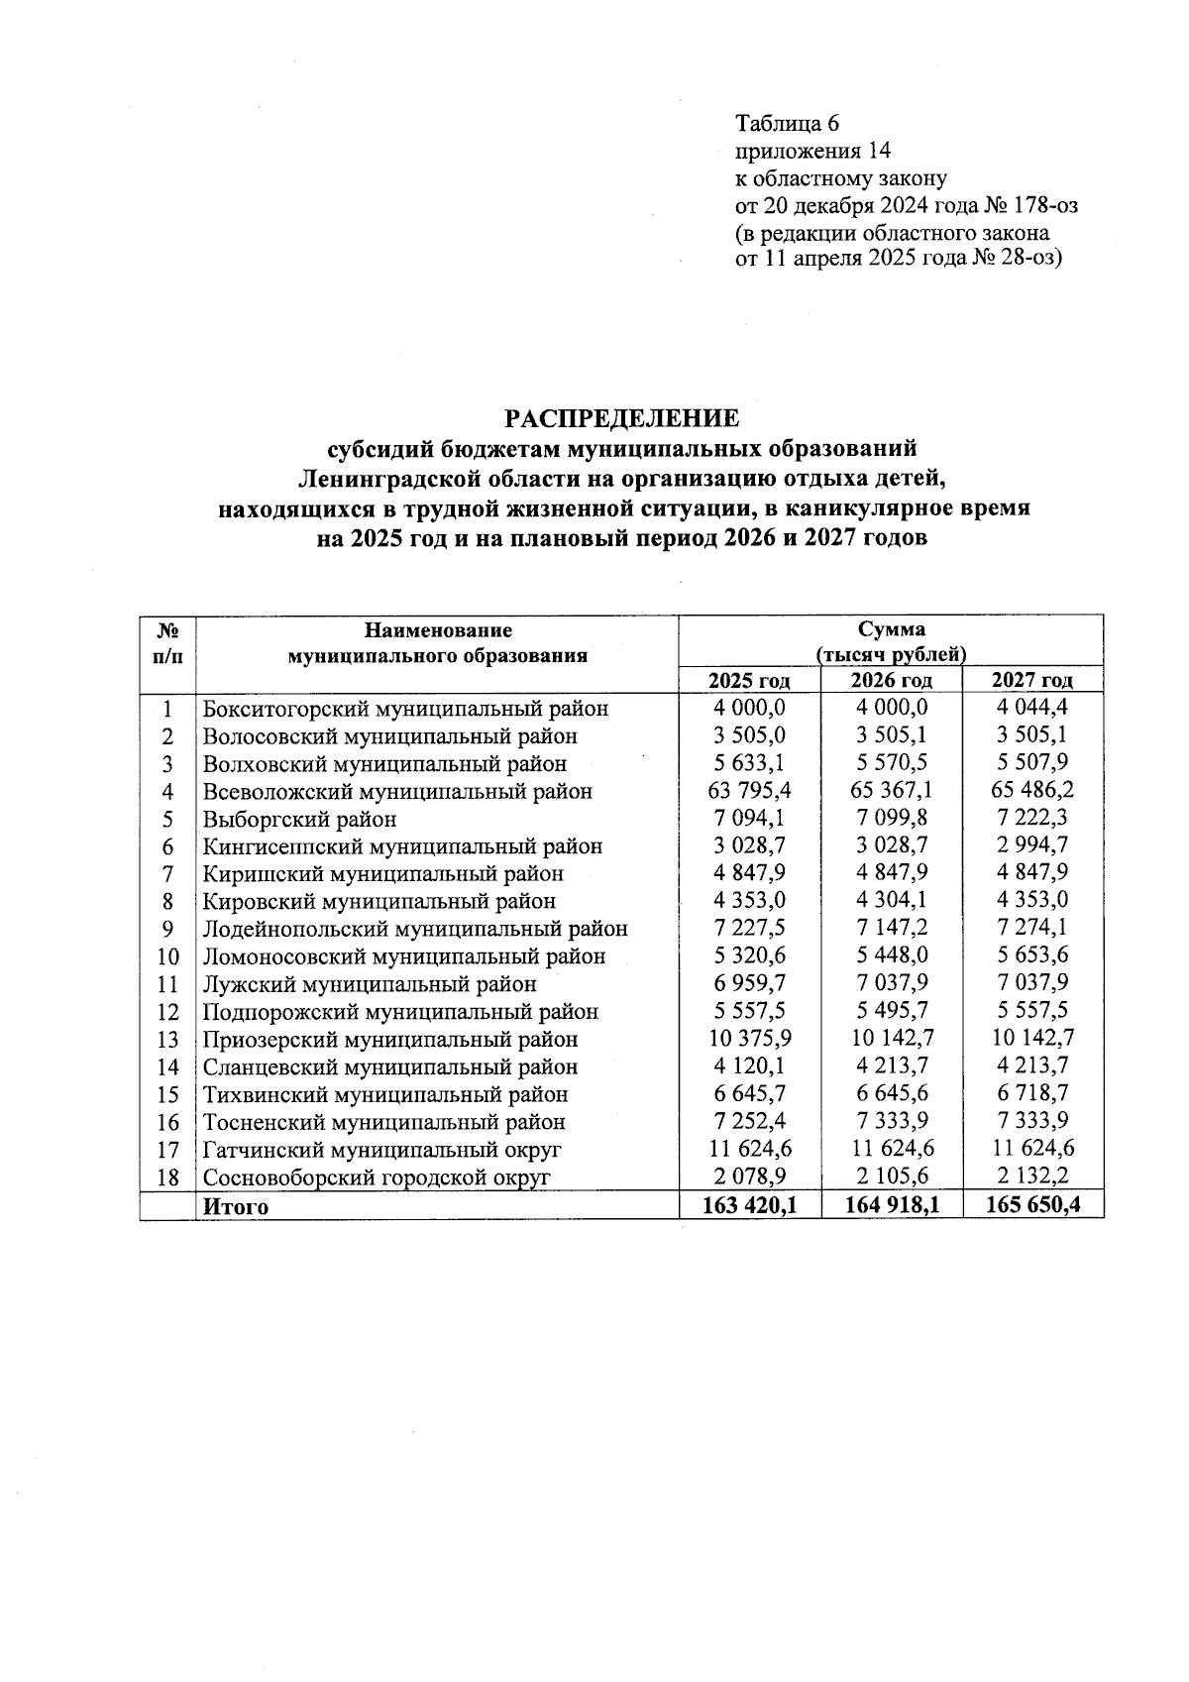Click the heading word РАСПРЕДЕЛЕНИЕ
click(x=623, y=418)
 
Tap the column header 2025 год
click(x=749, y=680)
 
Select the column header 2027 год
click(x=1032, y=680)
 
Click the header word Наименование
click(x=438, y=629)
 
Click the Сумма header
click(x=891, y=629)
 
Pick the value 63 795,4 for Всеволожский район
click(x=750, y=791)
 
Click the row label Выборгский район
click(x=299, y=819)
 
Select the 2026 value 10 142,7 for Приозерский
click(x=891, y=1039)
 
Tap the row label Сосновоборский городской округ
click(x=376, y=1177)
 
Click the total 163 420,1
click(x=750, y=1206)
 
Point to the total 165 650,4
click(x=1032, y=1206)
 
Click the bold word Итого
click(x=235, y=1207)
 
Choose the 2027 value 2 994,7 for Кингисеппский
click(x=1032, y=845)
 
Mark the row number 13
click(x=168, y=1040)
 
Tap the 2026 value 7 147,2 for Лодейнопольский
click(x=891, y=929)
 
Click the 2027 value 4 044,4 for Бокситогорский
click(x=1032, y=708)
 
